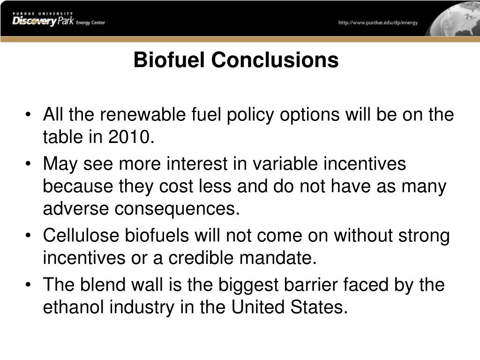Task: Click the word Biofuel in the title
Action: click(169, 60)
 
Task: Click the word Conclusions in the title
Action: click(275, 60)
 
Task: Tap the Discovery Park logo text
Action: click(43, 21)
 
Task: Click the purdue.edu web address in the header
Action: click(378, 22)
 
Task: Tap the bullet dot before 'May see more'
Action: click(29, 164)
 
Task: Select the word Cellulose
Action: click(81, 235)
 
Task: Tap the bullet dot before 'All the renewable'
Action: click(29, 115)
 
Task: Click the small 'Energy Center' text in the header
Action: click(90, 22)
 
